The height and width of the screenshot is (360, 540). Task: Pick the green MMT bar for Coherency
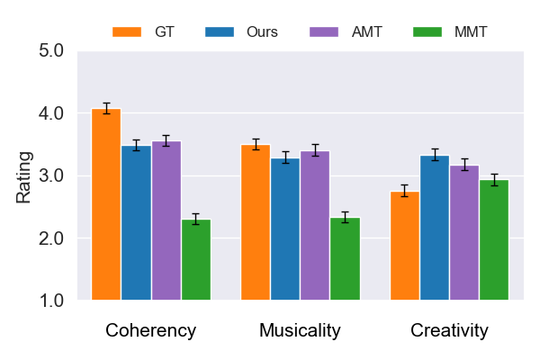tap(196, 260)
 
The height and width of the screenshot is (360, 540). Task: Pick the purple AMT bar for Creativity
tap(464, 233)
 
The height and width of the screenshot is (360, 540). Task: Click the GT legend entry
tap(143, 31)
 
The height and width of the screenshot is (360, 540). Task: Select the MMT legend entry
tap(450, 31)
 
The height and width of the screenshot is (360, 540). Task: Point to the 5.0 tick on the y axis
tap(50, 51)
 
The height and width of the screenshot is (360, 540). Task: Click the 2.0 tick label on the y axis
tap(50, 238)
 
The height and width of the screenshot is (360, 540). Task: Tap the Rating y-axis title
tap(23, 176)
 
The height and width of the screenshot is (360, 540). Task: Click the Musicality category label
tap(300, 330)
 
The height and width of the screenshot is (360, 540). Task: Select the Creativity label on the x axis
tap(449, 330)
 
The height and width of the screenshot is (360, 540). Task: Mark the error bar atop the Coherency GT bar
tap(106, 108)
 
